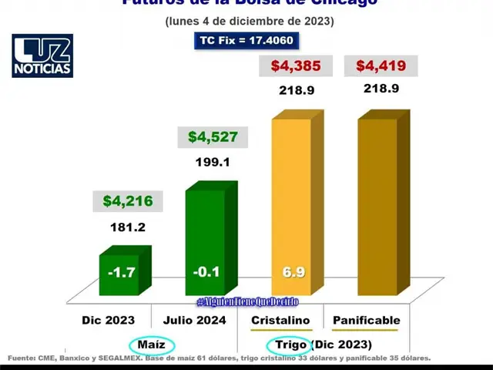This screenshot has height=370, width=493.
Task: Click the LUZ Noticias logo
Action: [x=42, y=55]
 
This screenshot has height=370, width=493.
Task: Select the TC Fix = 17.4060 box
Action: [x=246, y=40]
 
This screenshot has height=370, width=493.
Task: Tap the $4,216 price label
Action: [x=128, y=202]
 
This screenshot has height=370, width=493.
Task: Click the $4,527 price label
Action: [x=213, y=138]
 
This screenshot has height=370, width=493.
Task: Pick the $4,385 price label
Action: [x=294, y=66]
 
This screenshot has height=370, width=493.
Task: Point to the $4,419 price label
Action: [x=381, y=66]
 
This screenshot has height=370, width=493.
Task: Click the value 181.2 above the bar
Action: [x=128, y=228]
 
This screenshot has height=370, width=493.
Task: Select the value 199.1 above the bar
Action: [x=213, y=163]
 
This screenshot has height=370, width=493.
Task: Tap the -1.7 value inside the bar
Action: [x=122, y=272]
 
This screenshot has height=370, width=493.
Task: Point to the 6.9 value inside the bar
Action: [x=292, y=272]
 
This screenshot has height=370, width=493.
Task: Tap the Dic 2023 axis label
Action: [x=109, y=319]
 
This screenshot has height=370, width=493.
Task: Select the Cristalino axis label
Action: [x=280, y=319]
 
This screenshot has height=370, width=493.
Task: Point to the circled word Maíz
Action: [x=151, y=344]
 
